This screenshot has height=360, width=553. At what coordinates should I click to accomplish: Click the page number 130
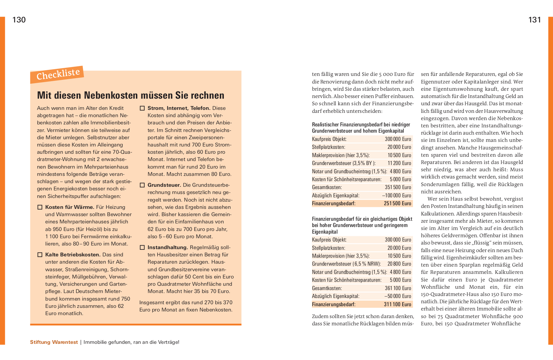(19, 20)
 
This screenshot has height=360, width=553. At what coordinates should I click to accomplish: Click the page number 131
(535, 20)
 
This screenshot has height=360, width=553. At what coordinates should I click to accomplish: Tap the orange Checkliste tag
(58, 75)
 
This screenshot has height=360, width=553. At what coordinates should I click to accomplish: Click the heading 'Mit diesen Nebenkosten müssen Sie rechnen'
(130, 95)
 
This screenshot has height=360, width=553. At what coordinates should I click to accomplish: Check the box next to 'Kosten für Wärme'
(40, 207)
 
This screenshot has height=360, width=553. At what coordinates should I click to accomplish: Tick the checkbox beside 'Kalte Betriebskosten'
(40, 255)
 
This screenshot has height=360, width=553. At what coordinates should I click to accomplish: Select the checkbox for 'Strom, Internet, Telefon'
(142, 108)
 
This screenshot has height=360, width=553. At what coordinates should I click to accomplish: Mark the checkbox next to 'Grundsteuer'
(142, 185)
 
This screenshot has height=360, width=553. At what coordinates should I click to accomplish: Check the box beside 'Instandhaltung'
(142, 247)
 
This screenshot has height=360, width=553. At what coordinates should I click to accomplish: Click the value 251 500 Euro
(397, 204)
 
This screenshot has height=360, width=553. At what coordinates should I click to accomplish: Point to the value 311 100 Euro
(397, 304)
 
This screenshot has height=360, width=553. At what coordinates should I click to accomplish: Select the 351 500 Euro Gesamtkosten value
(398, 187)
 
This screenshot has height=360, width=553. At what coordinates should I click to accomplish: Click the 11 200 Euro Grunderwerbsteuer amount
(399, 163)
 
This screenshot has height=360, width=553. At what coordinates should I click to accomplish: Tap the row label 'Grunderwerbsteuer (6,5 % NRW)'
(346, 264)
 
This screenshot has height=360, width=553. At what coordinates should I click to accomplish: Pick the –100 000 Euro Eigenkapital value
(397, 196)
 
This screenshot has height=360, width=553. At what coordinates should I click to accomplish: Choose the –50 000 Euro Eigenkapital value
(397, 296)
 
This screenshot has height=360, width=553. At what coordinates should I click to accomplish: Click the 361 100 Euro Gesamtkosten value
(398, 288)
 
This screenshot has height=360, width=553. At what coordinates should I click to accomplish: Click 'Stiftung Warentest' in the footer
(54, 342)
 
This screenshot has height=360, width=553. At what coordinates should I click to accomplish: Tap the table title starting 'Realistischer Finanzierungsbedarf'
(361, 128)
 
